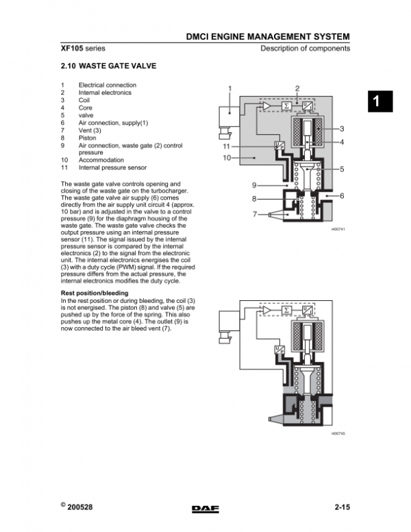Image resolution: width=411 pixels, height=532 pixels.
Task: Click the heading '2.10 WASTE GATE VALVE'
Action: click(x=109, y=66)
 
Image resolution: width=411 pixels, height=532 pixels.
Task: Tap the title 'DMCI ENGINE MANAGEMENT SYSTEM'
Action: click(x=268, y=36)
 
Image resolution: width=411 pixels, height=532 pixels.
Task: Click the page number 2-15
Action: click(x=342, y=507)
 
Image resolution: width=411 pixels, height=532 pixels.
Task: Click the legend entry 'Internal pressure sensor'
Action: click(x=112, y=167)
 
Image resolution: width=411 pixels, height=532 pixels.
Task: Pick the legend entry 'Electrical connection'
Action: click(x=107, y=85)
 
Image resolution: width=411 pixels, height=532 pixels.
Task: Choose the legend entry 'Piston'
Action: click(x=87, y=138)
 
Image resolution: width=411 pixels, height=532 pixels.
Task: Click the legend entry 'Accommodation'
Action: click(x=101, y=160)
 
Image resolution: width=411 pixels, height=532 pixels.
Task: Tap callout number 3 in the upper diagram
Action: click(x=342, y=129)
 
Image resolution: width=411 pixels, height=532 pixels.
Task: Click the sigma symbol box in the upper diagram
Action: click(x=286, y=106)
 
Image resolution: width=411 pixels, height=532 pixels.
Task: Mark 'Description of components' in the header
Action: click(x=305, y=49)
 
